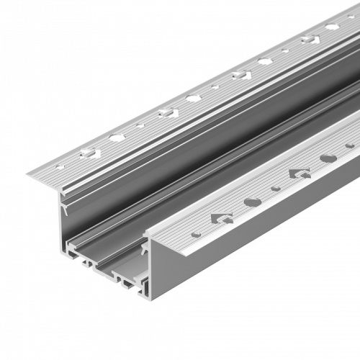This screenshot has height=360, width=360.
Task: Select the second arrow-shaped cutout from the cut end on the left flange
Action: [168, 112]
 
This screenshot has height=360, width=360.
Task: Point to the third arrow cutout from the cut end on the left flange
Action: [241, 74]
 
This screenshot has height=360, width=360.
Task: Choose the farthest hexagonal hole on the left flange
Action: [332, 27]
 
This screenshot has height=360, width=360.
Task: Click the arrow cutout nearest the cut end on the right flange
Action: [222, 218]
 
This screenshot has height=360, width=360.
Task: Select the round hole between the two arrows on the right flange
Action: [252, 202]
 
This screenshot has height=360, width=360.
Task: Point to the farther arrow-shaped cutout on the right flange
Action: [299, 174]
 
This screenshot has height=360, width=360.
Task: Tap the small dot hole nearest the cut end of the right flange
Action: [196, 233]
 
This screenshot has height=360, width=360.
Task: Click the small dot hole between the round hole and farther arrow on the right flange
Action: [276, 189]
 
